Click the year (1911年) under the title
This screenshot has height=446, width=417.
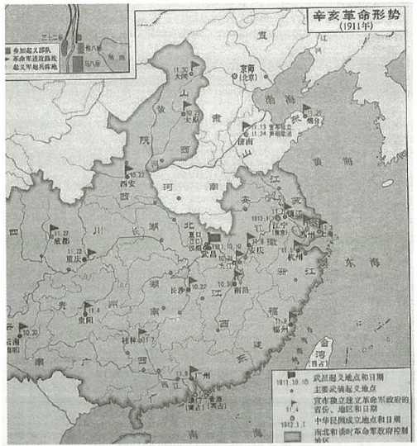[x=358, y=27]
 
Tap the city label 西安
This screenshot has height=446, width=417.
[x=126, y=183]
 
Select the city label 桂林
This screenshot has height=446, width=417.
[x=147, y=341]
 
